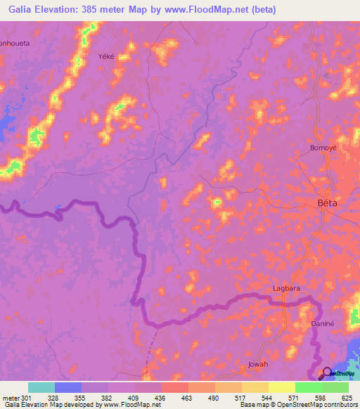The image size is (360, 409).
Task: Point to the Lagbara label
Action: [287, 289]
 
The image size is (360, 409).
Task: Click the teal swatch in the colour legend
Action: [41, 387]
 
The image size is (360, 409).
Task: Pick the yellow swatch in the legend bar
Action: [281, 387]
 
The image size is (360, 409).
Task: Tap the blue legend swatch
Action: [68, 387]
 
